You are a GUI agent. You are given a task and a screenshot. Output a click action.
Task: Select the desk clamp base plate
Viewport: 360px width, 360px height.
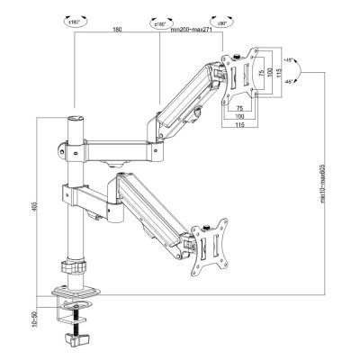(x=77, y=293)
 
